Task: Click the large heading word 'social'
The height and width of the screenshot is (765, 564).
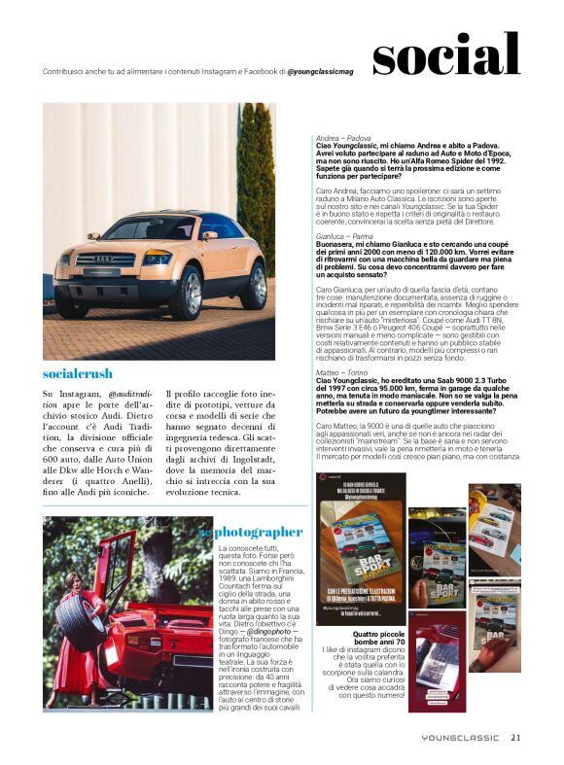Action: tap(445, 55)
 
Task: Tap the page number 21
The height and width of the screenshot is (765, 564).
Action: tap(515, 737)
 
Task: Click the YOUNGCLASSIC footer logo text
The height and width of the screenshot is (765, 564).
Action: tap(460, 737)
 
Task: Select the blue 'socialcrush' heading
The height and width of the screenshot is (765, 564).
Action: tap(78, 373)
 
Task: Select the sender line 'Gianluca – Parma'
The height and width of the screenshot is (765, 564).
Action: tap(346, 235)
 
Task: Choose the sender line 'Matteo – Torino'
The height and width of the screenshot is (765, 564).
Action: tap(343, 371)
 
